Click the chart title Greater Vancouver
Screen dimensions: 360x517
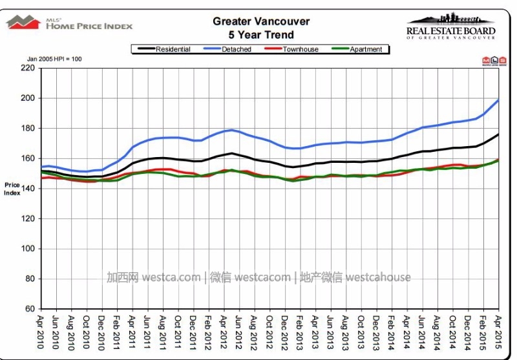click(x=261, y=21)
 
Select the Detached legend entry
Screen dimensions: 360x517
click(x=237, y=49)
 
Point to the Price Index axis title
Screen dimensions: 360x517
click(x=12, y=188)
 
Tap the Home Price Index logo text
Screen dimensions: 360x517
click(x=89, y=26)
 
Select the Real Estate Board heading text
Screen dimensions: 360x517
click(x=450, y=30)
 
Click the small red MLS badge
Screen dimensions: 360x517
click(x=487, y=61)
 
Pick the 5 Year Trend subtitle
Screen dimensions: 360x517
click(x=261, y=35)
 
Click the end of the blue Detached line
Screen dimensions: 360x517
click(x=498, y=100)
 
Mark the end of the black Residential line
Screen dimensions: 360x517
click(x=498, y=134)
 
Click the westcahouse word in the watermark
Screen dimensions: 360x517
click(x=378, y=277)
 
